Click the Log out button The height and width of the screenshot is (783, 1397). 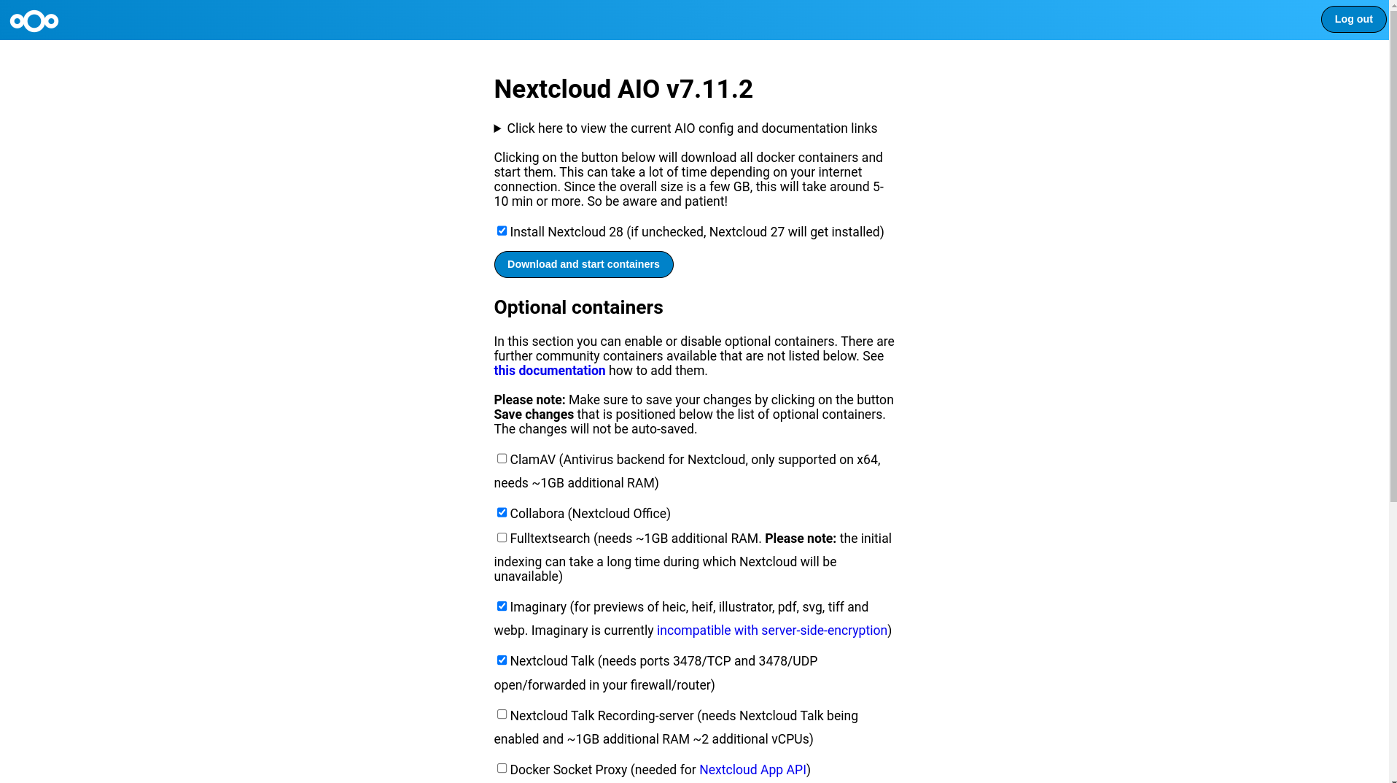click(x=1353, y=20)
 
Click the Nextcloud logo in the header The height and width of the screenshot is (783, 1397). click(x=34, y=21)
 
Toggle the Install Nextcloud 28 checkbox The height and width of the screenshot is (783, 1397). click(x=502, y=231)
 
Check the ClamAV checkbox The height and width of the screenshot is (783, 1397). click(x=502, y=459)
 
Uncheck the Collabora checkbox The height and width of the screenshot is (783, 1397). click(x=502, y=513)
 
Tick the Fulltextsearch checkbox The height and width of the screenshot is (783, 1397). click(x=502, y=538)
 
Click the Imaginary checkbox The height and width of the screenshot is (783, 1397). click(x=502, y=606)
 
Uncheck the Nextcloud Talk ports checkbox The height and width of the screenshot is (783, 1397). click(x=502, y=660)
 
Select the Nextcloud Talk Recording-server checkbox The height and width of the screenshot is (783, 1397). click(x=502, y=714)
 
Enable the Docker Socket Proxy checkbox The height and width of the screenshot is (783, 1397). click(x=502, y=768)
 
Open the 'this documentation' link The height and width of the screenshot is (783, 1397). click(x=549, y=371)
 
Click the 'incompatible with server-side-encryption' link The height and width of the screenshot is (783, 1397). click(x=771, y=630)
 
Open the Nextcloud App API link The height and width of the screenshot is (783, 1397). click(x=752, y=770)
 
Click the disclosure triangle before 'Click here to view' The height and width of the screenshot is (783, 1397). click(x=498, y=129)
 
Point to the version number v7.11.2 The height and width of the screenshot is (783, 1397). click(x=709, y=90)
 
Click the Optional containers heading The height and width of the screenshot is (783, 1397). click(x=578, y=307)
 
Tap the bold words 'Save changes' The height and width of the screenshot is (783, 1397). click(x=534, y=414)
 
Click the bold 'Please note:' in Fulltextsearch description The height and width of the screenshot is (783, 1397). click(x=800, y=539)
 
